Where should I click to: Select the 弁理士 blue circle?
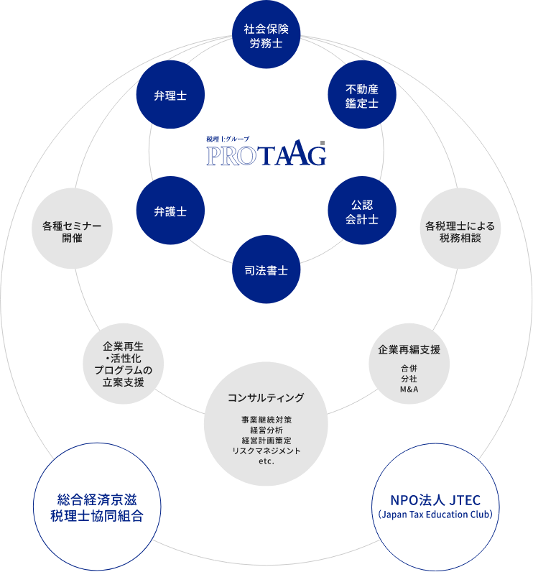tap(170, 96)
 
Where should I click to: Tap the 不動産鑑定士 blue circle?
tap(361, 96)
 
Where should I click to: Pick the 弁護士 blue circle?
tap(170, 212)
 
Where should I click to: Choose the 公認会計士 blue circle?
tap(361, 212)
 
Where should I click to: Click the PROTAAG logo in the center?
tap(266, 153)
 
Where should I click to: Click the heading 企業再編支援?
tap(409, 350)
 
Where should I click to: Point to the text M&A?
tap(409, 389)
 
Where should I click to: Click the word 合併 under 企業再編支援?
tap(409, 369)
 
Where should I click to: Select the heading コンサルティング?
tap(266, 397)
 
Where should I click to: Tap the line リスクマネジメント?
tap(266, 450)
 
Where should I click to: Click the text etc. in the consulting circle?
tap(266, 461)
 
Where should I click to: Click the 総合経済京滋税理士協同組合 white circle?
tap(96, 507)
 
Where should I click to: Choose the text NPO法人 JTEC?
tap(435, 500)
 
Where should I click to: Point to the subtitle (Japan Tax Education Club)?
tap(435, 515)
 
